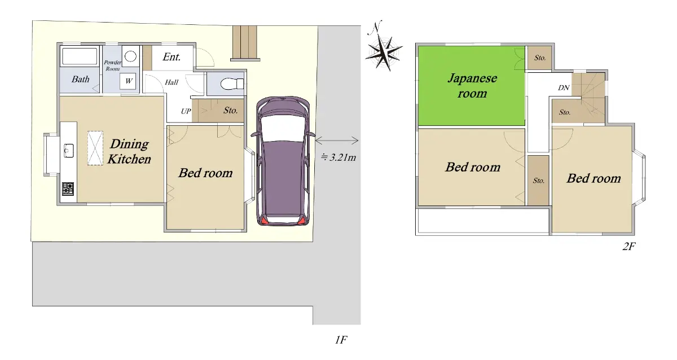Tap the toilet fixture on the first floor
click(232, 84)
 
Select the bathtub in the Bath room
click(80, 56)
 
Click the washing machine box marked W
click(128, 81)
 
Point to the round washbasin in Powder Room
click(130, 56)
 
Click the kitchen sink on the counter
click(69, 151)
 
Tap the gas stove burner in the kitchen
click(68, 188)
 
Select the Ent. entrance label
click(172, 56)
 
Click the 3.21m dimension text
click(339, 157)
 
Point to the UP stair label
click(186, 111)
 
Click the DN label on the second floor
click(564, 87)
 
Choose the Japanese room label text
click(472, 86)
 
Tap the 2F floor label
click(628, 247)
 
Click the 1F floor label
click(341, 340)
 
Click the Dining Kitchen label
click(129, 151)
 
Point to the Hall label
click(172, 82)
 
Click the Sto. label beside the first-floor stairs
click(230, 111)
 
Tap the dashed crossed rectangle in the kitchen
click(95, 148)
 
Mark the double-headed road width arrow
click(337, 141)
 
